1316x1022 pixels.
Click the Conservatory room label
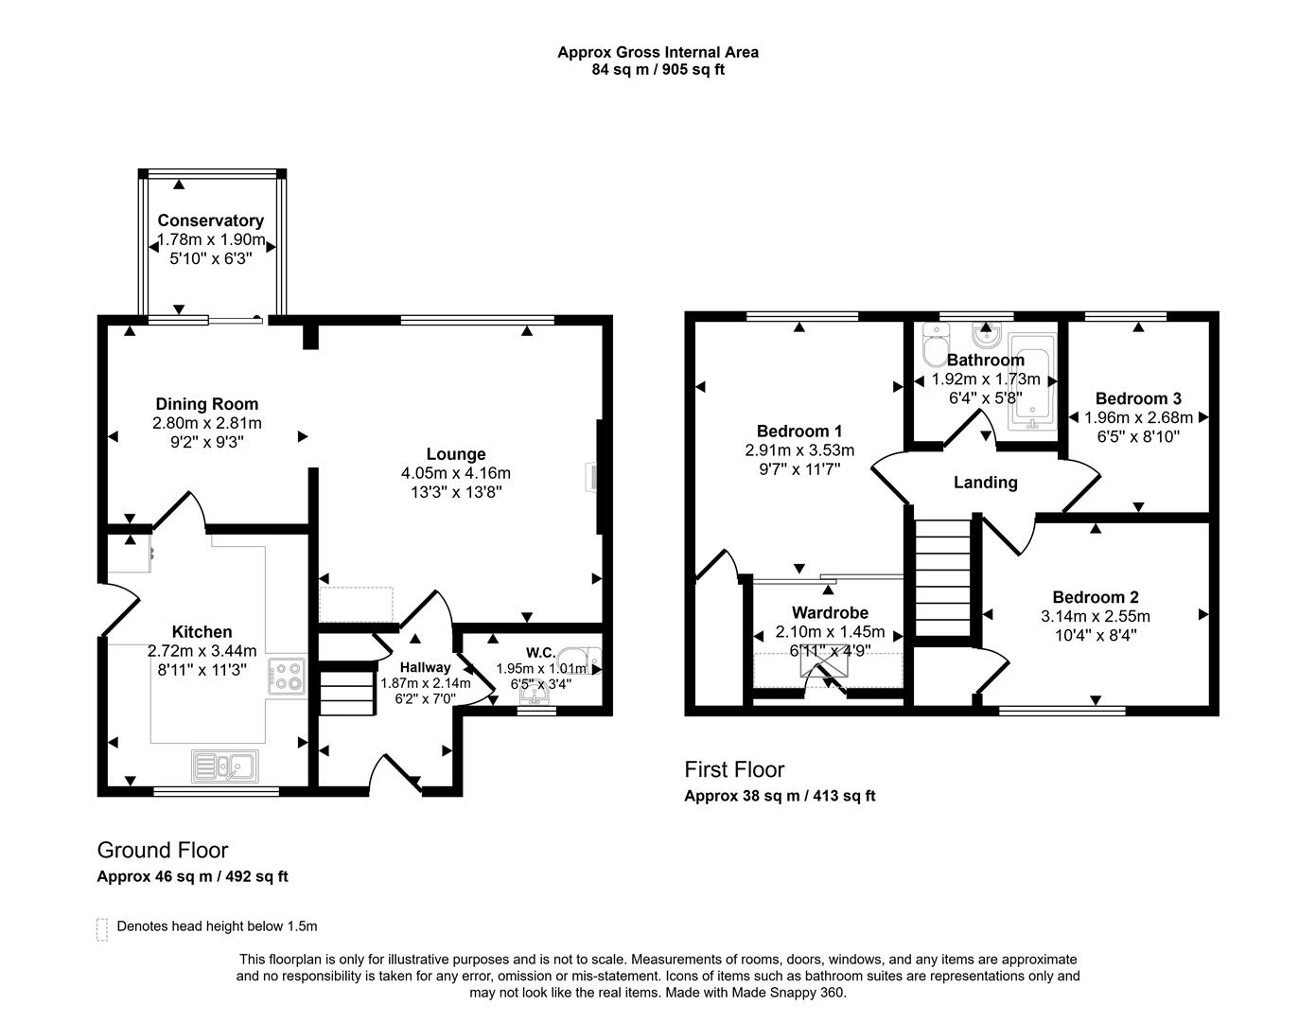pos(210,220)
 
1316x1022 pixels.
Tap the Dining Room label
pos(206,404)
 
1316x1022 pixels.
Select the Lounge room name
pos(455,454)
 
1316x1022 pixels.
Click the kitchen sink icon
pos(225,766)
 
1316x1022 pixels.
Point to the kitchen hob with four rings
pos(287,677)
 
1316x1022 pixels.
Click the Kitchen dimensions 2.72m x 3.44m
pos(202,651)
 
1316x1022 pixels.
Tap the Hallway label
pos(425,667)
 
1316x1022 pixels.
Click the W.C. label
pos(540,652)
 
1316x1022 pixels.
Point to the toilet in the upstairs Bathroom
pos(934,345)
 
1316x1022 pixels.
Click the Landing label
pos(985,483)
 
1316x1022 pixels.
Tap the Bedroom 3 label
pos(1137,398)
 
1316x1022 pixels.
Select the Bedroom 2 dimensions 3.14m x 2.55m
pos(1095,616)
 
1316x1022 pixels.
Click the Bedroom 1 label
pos(798,432)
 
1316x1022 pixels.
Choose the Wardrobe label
pos(830,612)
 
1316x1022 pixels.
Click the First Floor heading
pos(734,769)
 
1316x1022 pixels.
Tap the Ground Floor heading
pos(162,850)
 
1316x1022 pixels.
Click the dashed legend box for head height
pos(102,928)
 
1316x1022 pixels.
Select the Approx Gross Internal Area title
pos(658,52)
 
